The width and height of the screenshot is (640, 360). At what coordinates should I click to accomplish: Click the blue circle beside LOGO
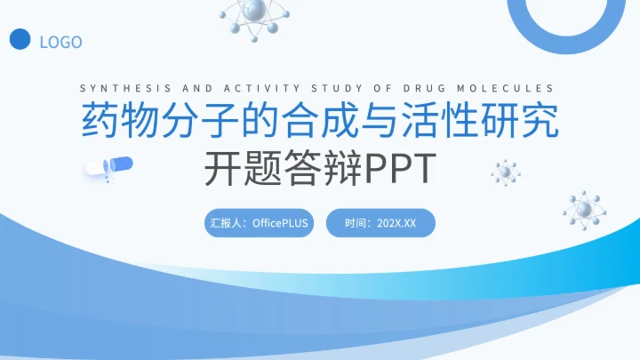[20, 40]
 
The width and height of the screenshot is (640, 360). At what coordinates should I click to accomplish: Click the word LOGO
[61, 42]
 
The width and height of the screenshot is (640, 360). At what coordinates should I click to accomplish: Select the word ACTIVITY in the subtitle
[259, 88]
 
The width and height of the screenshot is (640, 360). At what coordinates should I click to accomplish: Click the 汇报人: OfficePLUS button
[259, 223]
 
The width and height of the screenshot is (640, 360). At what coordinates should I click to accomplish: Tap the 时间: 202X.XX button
[380, 223]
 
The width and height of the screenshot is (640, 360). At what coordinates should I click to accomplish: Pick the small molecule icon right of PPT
[506, 171]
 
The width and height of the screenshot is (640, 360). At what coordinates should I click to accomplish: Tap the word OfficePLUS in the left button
[280, 223]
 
